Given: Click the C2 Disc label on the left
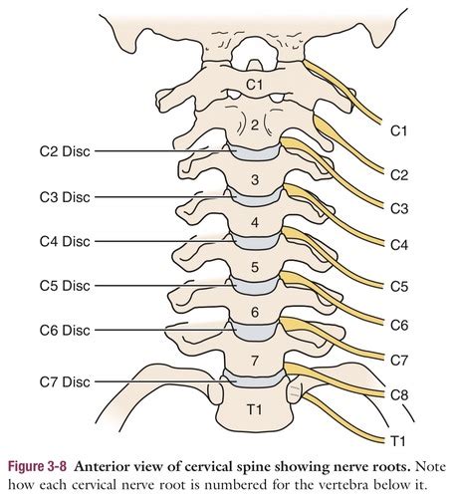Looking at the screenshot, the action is click(65, 151).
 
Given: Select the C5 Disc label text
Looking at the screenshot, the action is click(65, 286).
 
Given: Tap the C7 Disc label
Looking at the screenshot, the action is click(65, 381).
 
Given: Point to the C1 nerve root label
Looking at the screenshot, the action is click(398, 131).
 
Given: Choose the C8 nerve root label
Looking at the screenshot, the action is click(399, 395).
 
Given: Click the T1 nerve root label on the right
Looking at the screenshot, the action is click(398, 441).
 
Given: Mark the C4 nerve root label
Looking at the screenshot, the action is click(399, 245).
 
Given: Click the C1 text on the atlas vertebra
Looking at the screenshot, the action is click(254, 85).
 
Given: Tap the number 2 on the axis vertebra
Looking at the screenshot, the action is click(255, 125).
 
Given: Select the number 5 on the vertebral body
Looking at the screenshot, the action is click(255, 267).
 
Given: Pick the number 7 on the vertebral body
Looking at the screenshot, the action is click(255, 361).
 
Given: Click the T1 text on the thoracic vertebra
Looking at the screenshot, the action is click(255, 409).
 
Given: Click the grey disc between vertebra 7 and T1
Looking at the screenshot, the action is click(255, 379).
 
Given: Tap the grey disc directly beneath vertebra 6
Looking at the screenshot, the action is click(255, 331).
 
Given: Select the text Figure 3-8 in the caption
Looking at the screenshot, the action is click(37, 466).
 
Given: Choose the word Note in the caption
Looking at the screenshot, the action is click(430, 467).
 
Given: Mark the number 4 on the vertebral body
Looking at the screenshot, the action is click(255, 222).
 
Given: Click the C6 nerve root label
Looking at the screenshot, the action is click(399, 325).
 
